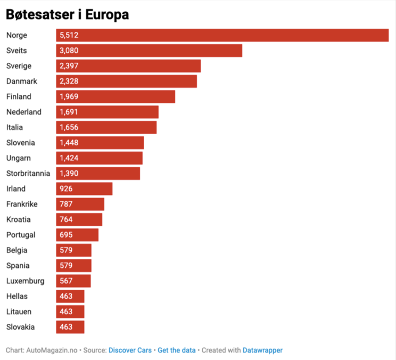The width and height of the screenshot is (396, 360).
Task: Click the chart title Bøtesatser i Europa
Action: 67,15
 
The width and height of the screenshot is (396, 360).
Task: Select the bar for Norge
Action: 222,35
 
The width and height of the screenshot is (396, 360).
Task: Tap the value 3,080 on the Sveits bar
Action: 69,51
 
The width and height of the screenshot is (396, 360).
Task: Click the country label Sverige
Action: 19,66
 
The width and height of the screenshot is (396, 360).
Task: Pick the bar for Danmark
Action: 126,81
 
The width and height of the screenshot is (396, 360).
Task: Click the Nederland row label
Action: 23,112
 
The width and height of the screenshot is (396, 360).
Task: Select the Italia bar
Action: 106,127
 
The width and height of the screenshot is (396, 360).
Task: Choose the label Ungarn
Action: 18,158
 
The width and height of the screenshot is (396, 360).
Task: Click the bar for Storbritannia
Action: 98,174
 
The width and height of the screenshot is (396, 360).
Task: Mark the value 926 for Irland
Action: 67,189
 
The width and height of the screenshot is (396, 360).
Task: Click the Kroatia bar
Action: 79,219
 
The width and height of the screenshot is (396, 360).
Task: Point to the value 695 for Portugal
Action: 67,235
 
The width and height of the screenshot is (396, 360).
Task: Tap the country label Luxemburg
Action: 25,281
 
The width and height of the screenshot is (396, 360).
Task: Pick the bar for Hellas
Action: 70,296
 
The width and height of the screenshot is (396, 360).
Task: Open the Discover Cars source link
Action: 130,350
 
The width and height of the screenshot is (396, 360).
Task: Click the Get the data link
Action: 177,350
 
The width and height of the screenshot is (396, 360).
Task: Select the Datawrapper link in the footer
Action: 262,350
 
